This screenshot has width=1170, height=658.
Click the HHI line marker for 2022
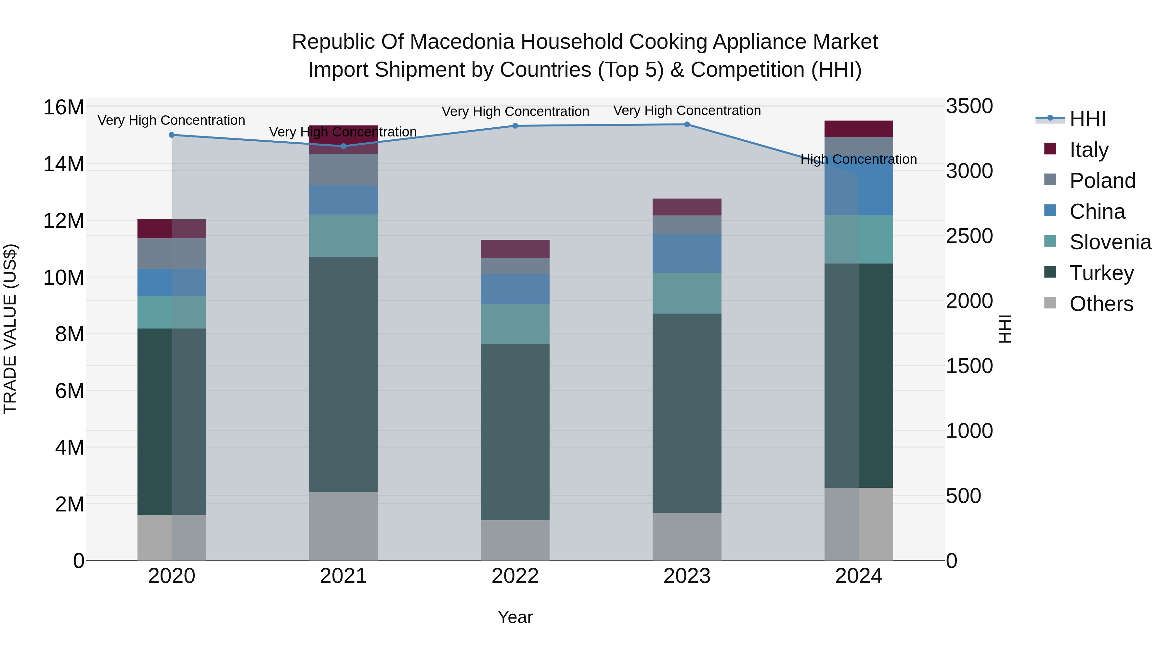click(515, 126)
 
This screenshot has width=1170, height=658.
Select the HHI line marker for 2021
click(344, 146)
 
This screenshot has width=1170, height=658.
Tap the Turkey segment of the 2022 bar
click(515, 432)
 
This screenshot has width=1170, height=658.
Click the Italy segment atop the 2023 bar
click(687, 207)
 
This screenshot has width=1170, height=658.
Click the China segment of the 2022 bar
click(515, 289)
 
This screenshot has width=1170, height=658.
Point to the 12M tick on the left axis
click(64, 221)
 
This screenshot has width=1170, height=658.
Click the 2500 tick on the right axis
click(969, 236)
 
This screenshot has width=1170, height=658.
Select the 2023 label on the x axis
click(687, 576)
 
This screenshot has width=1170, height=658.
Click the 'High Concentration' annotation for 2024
click(858, 160)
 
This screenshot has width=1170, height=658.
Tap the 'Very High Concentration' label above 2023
click(687, 110)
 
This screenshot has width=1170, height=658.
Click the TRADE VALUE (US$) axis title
click(10, 329)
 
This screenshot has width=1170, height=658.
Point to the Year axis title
click(515, 617)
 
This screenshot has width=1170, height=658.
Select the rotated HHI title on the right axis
click(1005, 329)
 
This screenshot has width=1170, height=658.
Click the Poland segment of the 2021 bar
click(344, 169)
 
